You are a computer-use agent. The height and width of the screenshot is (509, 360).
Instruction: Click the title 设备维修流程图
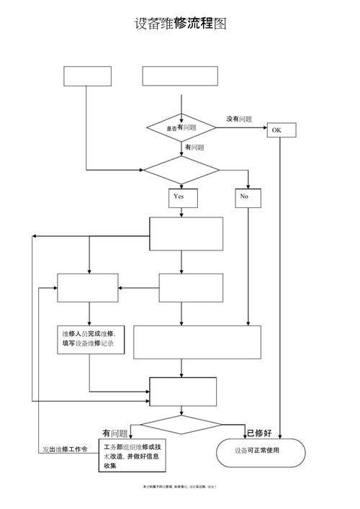click(x=180, y=24)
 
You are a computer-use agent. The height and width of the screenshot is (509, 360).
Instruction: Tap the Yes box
click(x=179, y=197)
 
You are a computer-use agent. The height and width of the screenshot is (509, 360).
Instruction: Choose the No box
click(x=244, y=197)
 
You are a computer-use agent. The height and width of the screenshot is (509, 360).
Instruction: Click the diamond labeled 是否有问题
click(x=181, y=127)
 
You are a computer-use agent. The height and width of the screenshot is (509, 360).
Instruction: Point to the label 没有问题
click(x=239, y=119)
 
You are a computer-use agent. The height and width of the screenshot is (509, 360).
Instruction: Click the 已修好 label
click(x=259, y=433)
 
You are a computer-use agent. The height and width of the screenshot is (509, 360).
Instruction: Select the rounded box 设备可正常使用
click(x=257, y=451)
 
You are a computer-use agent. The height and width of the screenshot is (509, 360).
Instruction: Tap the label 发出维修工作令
click(x=64, y=449)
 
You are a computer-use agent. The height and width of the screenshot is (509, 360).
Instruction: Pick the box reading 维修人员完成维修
click(x=91, y=339)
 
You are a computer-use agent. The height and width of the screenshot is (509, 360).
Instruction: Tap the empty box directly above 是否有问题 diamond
click(x=179, y=76)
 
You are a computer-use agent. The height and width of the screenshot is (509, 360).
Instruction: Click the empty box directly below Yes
click(x=186, y=233)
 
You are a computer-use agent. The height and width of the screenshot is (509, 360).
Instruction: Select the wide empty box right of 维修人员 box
click(x=197, y=341)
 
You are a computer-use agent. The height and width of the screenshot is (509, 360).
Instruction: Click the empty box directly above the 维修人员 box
click(x=87, y=288)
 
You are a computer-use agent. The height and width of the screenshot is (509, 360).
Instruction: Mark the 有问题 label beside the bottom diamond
click(x=115, y=433)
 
